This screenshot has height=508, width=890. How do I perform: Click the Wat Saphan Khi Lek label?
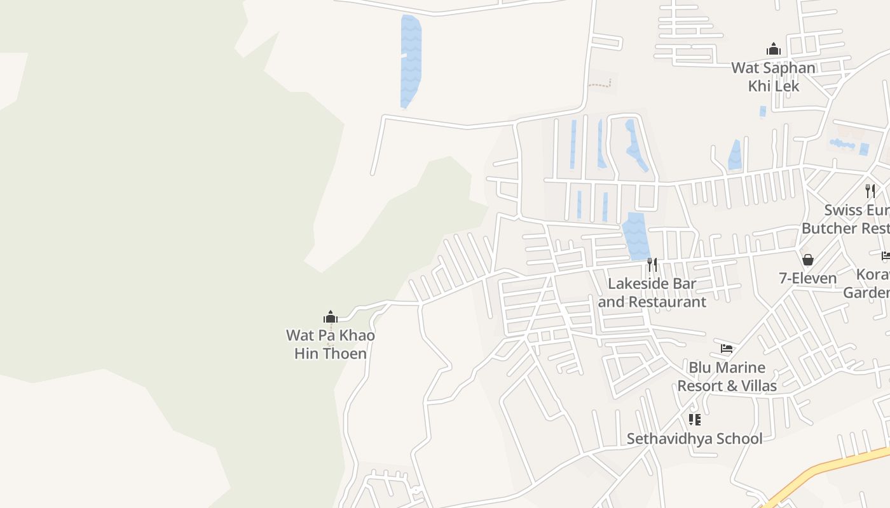(x=773, y=76)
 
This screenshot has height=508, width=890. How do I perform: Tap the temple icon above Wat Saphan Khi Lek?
(x=773, y=49)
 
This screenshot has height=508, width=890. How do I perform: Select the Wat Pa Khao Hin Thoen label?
(x=331, y=344)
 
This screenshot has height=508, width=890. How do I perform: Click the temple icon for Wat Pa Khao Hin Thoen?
(x=330, y=316)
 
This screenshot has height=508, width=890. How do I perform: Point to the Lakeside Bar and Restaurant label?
(x=652, y=293)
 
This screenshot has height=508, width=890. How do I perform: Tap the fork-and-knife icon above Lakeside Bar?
(x=652, y=264)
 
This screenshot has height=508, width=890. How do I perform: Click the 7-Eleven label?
(x=808, y=278)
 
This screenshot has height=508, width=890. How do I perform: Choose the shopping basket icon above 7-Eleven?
(x=808, y=259)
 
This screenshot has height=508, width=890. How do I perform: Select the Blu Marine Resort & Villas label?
(x=727, y=377)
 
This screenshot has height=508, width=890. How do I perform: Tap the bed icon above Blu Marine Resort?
(x=727, y=348)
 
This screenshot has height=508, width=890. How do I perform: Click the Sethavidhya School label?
(x=694, y=439)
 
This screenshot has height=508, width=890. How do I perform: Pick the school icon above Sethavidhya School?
(x=694, y=419)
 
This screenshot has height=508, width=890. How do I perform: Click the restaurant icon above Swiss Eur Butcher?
(x=870, y=190)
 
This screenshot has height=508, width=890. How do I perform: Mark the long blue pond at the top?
(x=411, y=60)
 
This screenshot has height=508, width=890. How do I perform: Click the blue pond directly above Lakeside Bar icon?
(x=636, y=236)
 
